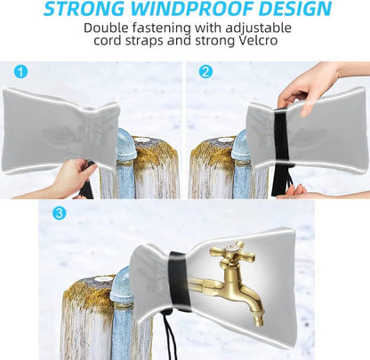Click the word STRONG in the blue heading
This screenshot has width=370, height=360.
click(84, 9)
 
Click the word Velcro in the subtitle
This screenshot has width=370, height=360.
click(258, 40)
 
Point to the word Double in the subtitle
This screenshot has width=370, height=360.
click(106, 28)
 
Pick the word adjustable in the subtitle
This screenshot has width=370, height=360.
click(258, 28)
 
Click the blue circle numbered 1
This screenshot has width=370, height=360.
click(21, 71)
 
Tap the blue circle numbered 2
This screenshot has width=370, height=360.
click(205, 71)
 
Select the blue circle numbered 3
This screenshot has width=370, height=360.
click(59, 212)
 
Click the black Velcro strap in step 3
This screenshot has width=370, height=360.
click(179, 281)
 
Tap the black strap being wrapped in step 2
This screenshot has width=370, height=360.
click(281, 151)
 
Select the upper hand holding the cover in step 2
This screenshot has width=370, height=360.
click(309, 85)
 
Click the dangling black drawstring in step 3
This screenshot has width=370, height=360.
click(169, 332)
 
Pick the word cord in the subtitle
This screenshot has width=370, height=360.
click(107, 40)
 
